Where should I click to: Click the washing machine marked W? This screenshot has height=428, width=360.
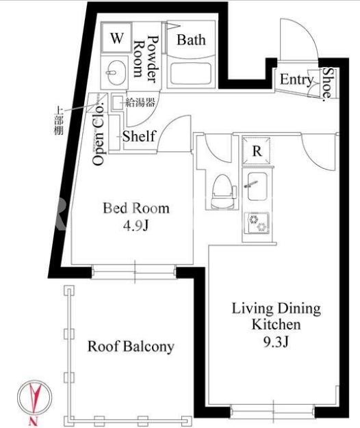[116, 38]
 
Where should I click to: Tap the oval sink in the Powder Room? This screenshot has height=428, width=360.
[116, 72]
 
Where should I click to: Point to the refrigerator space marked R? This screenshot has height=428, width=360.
[257, 151]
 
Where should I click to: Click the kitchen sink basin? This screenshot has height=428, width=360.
[257, 186]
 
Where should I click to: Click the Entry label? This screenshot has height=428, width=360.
[296, 80]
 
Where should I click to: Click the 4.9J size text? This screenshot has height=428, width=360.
[136, 226]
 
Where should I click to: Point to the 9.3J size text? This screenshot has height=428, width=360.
[276, 342]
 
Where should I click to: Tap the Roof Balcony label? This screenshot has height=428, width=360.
[131, 347]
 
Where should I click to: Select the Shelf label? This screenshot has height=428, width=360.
[139, 136]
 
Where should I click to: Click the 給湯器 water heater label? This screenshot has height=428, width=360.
[140, 102]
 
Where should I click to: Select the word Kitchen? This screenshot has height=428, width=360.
[276, 325]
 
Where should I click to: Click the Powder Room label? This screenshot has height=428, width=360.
[146, 59]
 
